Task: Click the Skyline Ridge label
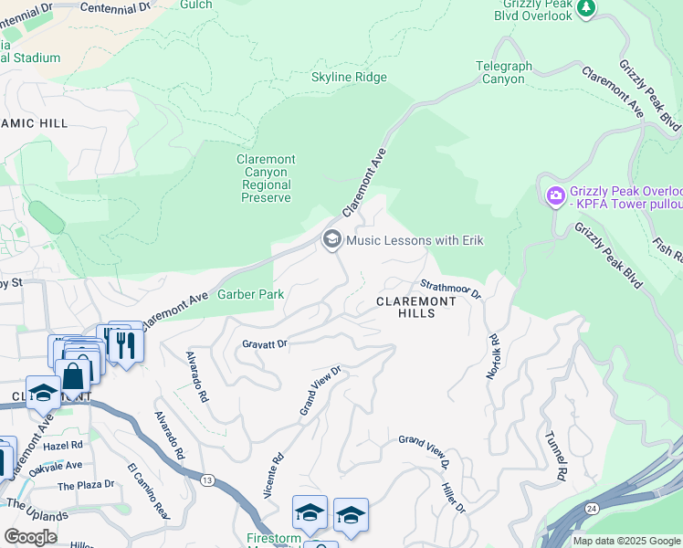click(349, 78)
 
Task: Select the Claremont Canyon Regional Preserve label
click(266, 178)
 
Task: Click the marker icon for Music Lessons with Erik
click(331, 240)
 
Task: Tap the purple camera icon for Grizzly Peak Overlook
click(554, 195)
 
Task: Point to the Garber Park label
click(250, 295)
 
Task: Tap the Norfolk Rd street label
click(493, 357)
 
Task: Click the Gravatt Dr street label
click(265, 344)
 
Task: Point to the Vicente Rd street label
click(273, 475)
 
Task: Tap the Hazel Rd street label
click(62, 445)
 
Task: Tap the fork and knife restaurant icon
click(124, 344)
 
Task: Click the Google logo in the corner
click(30, 537)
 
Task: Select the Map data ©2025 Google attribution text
click(626, 541)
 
